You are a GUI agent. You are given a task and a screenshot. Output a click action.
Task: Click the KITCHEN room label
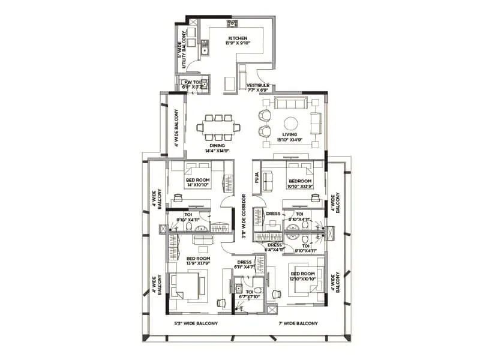pos(238,38)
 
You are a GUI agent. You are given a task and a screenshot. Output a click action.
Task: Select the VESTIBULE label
pos(257,86)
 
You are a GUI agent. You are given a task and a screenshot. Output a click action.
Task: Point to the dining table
pos(218,127)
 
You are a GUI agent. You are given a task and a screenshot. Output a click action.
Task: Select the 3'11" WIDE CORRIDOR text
pos(244,216)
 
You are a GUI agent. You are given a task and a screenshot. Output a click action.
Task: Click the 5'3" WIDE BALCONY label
pos(196,323)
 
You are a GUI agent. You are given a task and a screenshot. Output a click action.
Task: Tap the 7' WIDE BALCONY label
pos(298,323)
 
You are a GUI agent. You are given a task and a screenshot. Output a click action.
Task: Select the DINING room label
pos(217,145)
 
